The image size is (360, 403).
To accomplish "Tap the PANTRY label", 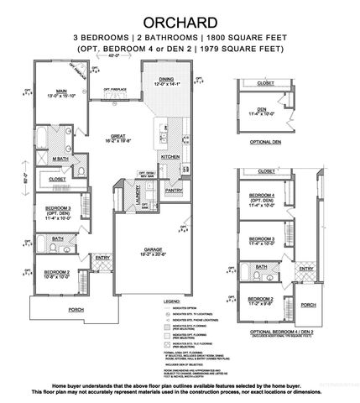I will pos(174,191).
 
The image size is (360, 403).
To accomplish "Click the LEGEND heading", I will pos(172,300).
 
